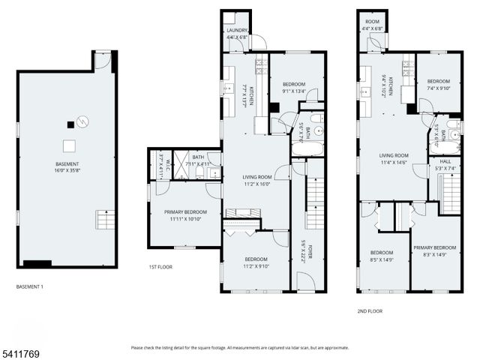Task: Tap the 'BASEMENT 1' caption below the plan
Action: tap(31, 287)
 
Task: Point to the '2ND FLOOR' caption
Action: tap(370, 310)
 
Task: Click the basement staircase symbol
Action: tap(106, 220)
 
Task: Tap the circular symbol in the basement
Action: tap(83, 121)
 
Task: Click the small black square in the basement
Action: tap(70, 125)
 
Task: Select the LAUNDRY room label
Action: tap(237, 31)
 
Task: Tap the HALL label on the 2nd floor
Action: tap(445, 160)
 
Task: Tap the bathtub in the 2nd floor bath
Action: tap(444, 146)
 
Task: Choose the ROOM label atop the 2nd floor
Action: tap(373, 22)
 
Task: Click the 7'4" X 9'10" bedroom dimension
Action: tap(438, 88)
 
